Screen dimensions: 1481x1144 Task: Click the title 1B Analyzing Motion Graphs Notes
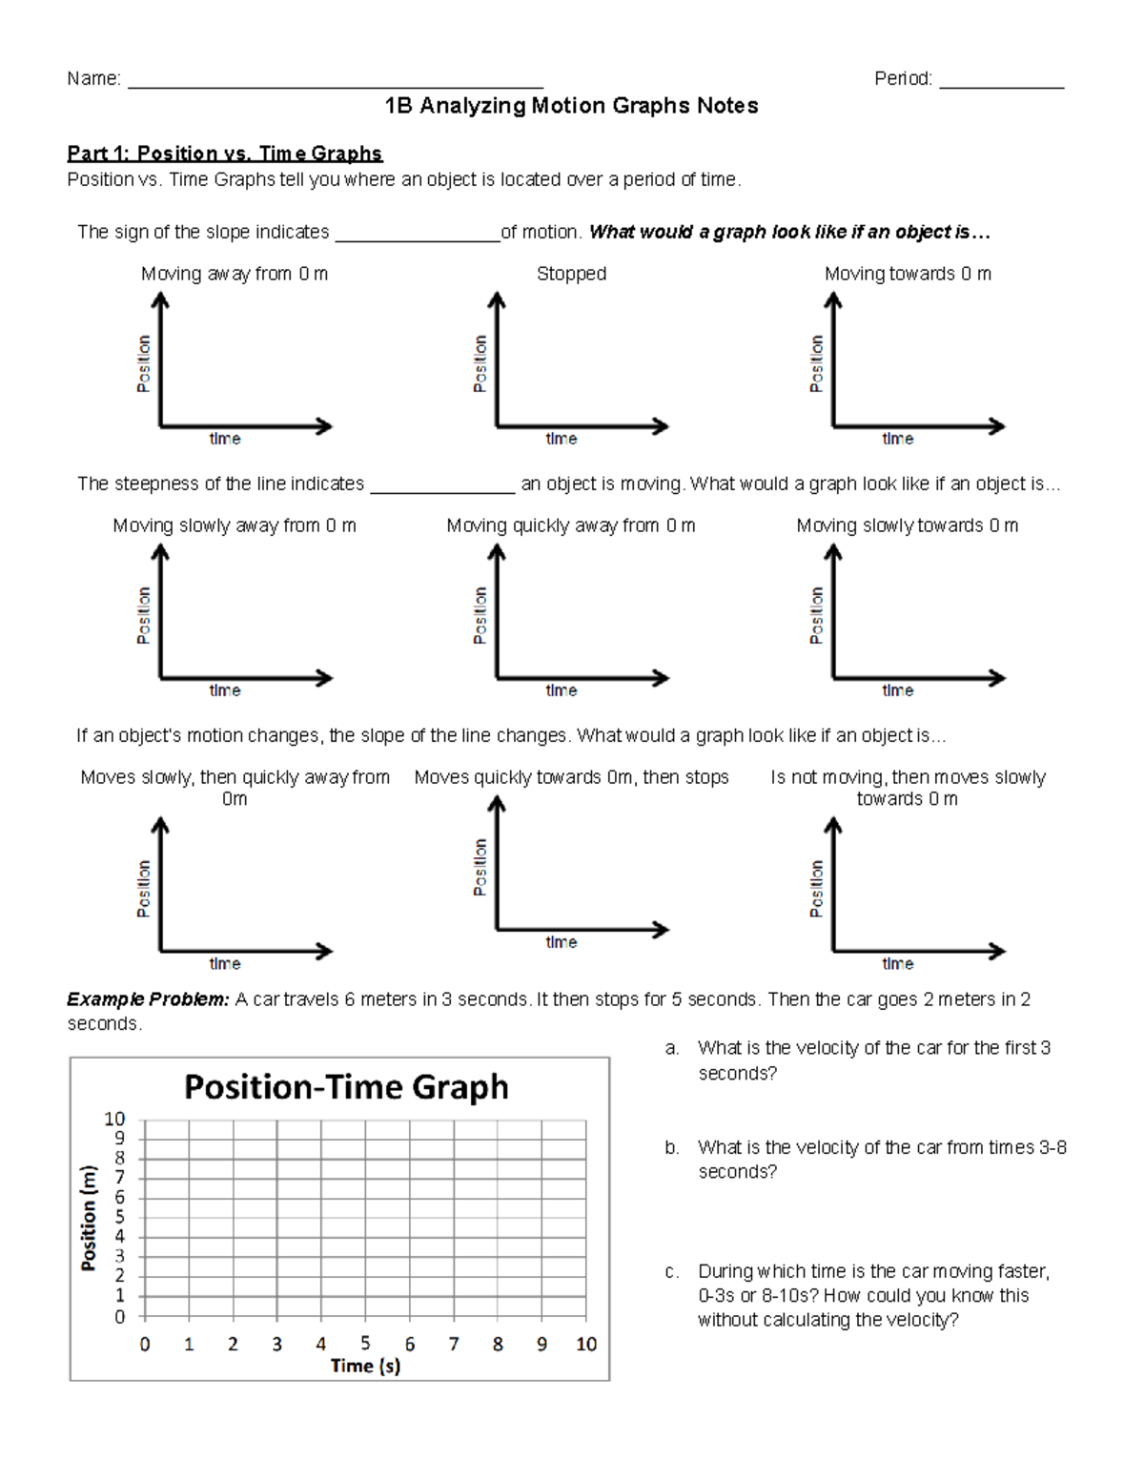click(x=571, y=106)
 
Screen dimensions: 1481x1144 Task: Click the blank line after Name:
click(x=335, y=83)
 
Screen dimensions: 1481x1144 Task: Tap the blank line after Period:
click(x=1001, y=83)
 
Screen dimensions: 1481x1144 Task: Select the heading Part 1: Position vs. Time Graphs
click(x=224, y=154)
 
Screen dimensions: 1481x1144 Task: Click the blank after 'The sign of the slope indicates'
click(x=418, y=237)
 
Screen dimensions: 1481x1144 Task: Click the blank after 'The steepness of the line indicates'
click(x=442, y=488)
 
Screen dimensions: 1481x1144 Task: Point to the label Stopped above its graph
click(x=571, y=274)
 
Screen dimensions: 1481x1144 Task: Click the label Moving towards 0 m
click(x=908, y=274)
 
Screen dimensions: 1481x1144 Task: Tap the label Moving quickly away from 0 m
click(x=571, y=525)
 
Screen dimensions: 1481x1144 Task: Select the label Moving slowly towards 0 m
click(x=908, y=525)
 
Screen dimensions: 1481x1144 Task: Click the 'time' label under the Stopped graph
click(x=562, y=439)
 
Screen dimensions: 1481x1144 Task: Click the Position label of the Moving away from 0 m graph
click(x=144, y=363)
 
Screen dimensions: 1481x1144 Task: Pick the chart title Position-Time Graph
click(x=346, y=1087)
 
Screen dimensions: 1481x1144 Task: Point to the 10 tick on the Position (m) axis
click(x=114, y=1119)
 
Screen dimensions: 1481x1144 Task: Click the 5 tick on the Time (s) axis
click(x=365, y=1343)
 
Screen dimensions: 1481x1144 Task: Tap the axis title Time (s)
click(x=365, y=1366)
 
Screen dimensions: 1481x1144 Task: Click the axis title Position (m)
click(x=89, y=1218)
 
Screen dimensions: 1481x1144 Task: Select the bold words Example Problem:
click(x=148, y=999)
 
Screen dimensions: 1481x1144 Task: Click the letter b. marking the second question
click(x=672, y=1147)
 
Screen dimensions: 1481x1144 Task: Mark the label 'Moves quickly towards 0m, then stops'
click(x=571, y=777)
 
